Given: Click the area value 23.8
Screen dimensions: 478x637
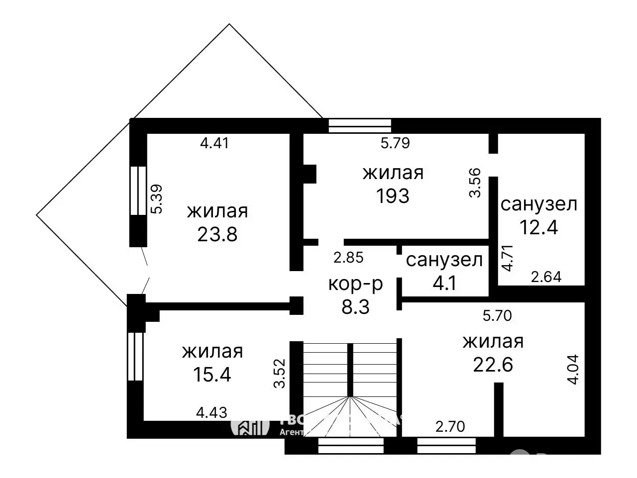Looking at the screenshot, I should (217, 234).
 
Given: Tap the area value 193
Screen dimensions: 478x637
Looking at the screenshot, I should (393, 196).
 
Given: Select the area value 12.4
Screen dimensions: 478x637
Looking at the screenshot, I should (538, 227).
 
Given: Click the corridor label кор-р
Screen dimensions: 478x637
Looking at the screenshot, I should (356, 284).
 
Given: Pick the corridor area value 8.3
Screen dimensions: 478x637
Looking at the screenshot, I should (356, 307).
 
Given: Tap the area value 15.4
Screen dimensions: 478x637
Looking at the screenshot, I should (212, 375).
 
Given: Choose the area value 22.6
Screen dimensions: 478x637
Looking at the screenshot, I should (493, 365).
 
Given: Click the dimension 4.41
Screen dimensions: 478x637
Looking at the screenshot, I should (214, 143).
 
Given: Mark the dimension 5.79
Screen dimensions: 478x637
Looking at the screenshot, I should (395, 143).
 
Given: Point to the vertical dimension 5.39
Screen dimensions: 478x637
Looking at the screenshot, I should (157, 199).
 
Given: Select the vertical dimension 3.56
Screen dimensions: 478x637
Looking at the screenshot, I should (476, 183).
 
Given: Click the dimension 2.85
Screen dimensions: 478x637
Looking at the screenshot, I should (348, 258).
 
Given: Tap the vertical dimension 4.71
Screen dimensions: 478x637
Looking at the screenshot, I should (507, 257).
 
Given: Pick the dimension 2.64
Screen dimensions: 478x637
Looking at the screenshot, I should (546, 277).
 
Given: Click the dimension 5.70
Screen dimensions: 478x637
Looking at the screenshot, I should (497, 315).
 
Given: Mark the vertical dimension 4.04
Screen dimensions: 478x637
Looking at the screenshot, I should (573, 369).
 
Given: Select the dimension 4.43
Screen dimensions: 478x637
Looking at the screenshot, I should (212, 412).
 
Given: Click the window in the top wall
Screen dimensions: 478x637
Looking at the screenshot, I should (360, 126).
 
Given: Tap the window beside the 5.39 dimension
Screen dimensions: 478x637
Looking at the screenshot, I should (138, 191).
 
